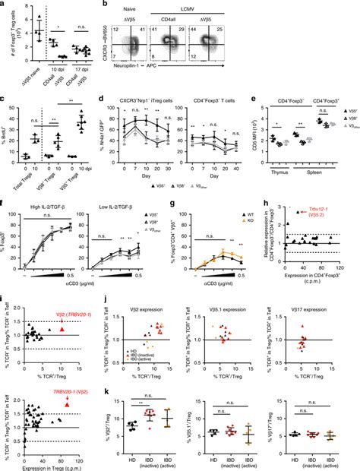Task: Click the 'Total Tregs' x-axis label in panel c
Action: [x=28, y=170]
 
